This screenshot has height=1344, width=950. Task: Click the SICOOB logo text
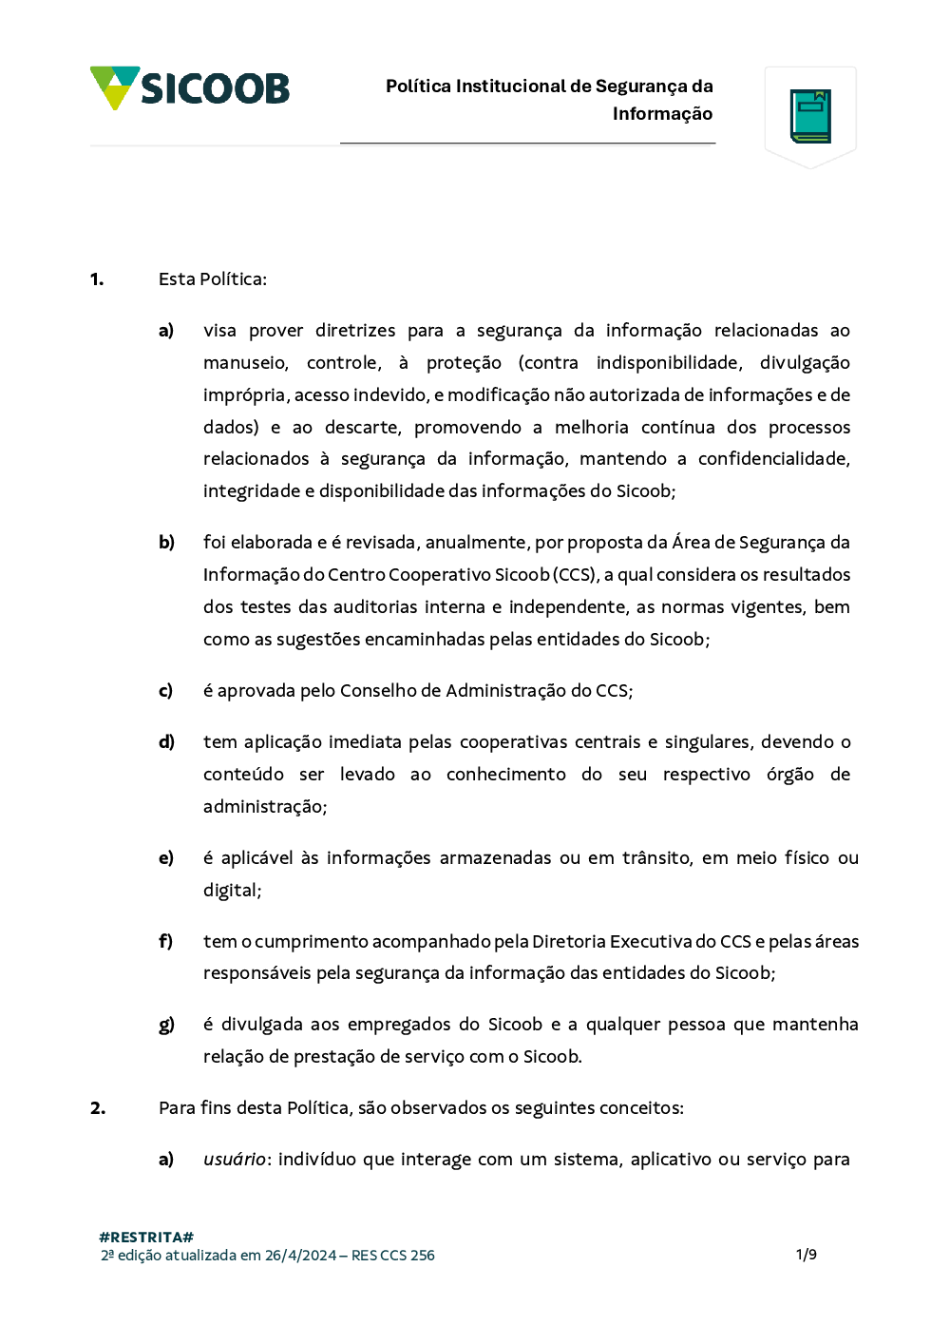pyautogui.click(x=215, y=88)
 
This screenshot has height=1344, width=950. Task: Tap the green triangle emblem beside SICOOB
pyautogui.click(x=115, y=86)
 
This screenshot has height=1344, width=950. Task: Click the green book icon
pyautogui.click(x=810, y=116)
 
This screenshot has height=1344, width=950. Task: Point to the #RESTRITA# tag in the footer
pyautogui.click(x=146, y=1237)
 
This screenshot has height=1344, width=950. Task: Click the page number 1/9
pyautogui.click(x=806, y=1255)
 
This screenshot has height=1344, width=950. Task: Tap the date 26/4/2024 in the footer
pyautogui.click(x=300, y=1256)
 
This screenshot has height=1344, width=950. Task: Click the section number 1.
pyautogui.click(x=97, y=279)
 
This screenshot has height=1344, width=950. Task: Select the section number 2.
pyautogui.click(x=98, y=1108)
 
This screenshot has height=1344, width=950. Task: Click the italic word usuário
pyautogui.click(x=235, y=1160)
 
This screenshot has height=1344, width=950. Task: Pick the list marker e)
pyautogui.click(x=166, y=858)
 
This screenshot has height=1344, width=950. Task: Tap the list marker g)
pyautogui.click(x=166, y=1025)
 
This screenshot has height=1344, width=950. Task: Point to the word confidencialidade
pyautogui.click(x=773, y=459)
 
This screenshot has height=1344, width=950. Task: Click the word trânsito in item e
pyautogui.click(x=656, y=858)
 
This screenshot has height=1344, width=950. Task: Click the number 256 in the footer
pyautogui.click(x=423, y=1256)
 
